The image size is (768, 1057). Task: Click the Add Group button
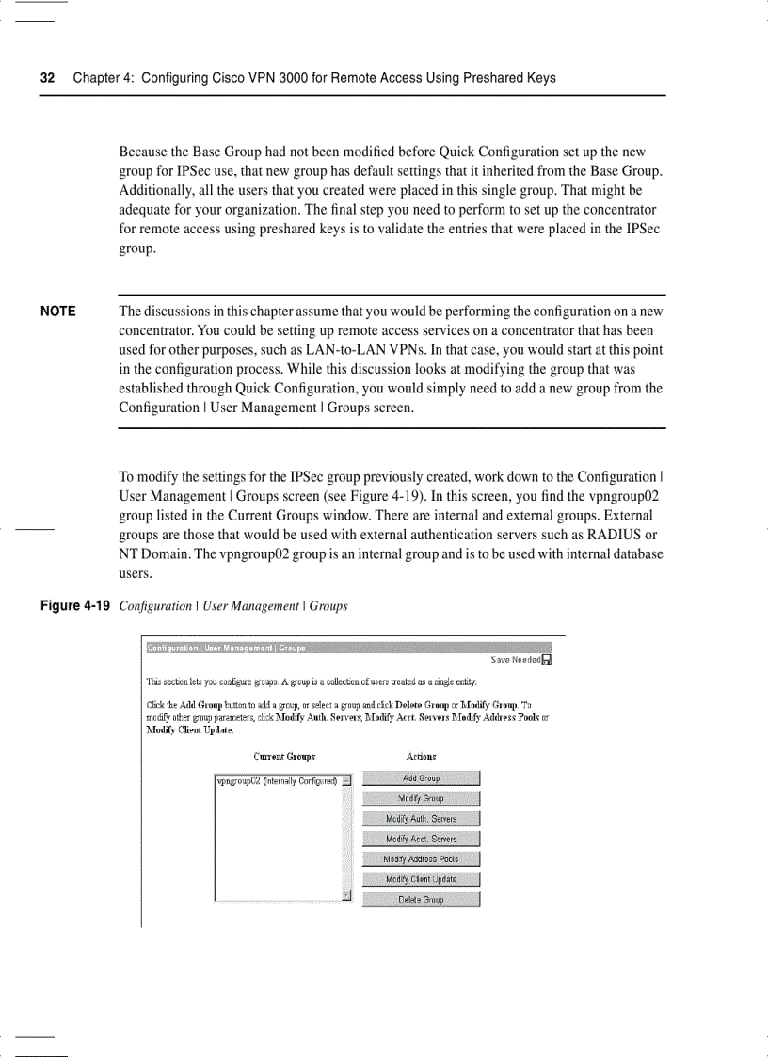click(421, 778)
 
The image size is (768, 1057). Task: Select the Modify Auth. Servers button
click(421, 819)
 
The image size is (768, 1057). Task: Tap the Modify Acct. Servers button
click(421, 839)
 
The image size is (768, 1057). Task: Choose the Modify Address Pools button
click(421, 859)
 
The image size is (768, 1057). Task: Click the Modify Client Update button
click(421, 879)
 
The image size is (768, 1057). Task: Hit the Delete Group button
click(421, 900)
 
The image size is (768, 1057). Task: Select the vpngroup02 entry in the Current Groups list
click(277, 780)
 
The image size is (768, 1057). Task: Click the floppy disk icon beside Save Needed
click(547, 660)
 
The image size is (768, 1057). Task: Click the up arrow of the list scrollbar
click(346, 780)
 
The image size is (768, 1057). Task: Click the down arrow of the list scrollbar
click(346, 895)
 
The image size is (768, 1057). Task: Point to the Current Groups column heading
click(284, 757)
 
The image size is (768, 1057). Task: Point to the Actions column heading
click(421, 757)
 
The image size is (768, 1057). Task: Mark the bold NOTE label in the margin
click(58, 312)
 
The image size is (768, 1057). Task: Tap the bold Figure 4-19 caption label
click(75, 606)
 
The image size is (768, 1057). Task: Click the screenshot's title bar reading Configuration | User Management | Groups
click(226, 648)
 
